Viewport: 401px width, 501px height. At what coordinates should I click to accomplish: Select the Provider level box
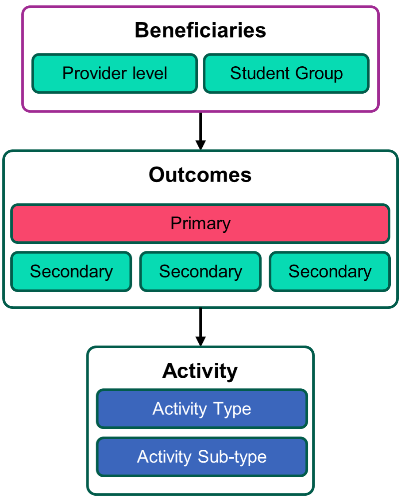click(115, 73)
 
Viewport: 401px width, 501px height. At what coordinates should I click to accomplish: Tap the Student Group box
click(286, 73)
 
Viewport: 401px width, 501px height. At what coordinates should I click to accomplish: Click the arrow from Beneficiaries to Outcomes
click(200, 128)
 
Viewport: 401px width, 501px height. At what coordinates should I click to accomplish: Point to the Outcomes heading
click(200, 175)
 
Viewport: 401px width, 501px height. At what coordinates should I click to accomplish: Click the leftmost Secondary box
click(71, 272)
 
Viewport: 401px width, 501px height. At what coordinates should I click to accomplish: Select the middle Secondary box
click(200, 272)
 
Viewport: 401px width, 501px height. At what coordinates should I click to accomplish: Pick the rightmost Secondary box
click(330, 272)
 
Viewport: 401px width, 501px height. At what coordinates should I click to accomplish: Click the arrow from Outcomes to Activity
click(200, 325)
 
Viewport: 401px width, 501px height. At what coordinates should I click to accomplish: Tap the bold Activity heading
click(200, 371)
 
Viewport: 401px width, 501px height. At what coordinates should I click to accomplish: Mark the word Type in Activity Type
click(231, 409)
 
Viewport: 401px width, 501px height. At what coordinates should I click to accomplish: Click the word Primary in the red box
click(200, 224)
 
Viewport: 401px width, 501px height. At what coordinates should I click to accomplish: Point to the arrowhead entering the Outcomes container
click(200, 145)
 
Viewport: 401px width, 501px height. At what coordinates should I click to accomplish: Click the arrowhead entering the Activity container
click(200, 341)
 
